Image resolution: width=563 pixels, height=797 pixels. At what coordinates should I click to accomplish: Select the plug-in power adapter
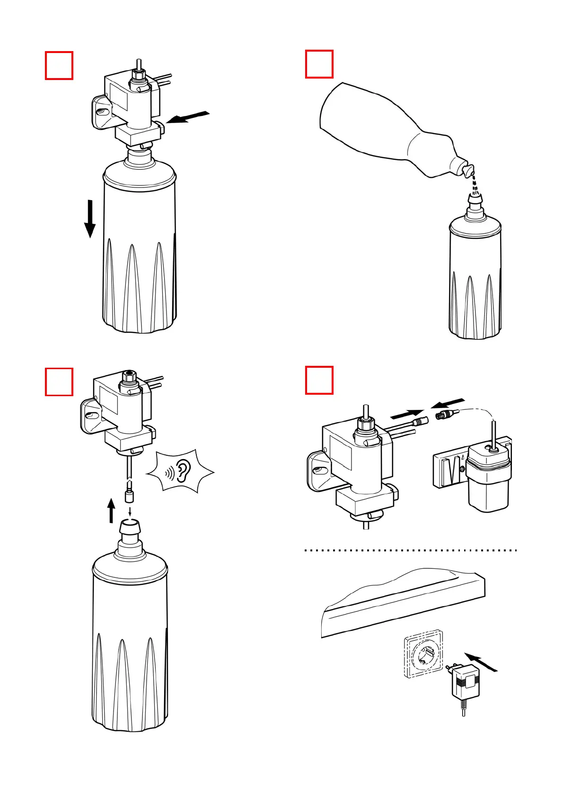coord(466,682)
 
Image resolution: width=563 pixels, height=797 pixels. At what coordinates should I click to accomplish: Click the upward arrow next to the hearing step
coord(111,510)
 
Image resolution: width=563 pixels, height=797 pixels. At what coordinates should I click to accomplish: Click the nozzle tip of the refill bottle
coord(468,169)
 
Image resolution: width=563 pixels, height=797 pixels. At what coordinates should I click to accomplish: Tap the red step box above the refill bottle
coord(319,64)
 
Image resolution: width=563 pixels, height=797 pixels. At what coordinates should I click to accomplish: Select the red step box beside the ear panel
coord(59,381)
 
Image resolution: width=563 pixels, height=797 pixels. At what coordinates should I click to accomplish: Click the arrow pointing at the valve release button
coord(188,117)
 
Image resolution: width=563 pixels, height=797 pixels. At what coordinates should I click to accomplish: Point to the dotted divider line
coord(411,550)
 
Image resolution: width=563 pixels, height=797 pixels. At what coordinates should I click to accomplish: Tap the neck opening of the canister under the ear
coord(130,525)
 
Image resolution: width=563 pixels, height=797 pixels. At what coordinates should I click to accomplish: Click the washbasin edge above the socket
coord(402,603)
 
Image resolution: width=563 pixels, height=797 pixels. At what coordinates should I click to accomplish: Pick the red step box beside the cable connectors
coord(319,380)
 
